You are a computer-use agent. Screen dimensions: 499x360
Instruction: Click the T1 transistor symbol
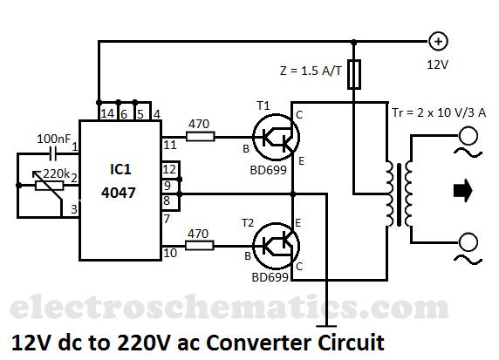click(x=276, y=137)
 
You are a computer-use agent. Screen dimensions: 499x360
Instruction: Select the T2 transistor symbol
click(x=276, y=245)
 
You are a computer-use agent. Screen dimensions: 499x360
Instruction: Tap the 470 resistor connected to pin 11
click(x=201, y=137)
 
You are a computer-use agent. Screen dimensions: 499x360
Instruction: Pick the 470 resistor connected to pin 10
click(x=200, y=246)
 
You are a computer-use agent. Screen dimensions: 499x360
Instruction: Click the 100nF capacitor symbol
click(x=53, y=154)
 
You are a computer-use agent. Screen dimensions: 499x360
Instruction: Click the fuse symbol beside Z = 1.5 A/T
click(x=354, y=74)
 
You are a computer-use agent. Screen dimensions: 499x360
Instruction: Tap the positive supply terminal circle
click(x=439, y=42)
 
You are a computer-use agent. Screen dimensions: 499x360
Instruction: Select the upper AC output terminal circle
click(x=468, y=135)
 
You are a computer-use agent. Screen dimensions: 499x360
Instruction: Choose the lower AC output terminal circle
click(x=468, y=242)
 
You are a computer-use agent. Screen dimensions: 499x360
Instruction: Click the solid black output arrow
click(x=463, y=191)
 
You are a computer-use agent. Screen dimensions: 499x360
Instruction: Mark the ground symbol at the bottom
click(x=326, y=326)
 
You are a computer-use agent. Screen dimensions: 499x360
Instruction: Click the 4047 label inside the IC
click(x=119, y=193)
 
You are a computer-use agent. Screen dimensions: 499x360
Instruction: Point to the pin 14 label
click(x=107, y=114)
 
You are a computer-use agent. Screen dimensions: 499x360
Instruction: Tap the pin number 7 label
click(x=167, y=219)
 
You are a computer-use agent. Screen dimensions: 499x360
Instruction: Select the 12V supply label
click(x=438, y=65)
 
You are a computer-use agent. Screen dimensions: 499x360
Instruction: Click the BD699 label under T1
click(x=269, y=171)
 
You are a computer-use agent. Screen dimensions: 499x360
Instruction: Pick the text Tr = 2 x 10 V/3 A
click(x=439, y=112)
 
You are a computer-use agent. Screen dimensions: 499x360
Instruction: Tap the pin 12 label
click(x=169, y=169)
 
